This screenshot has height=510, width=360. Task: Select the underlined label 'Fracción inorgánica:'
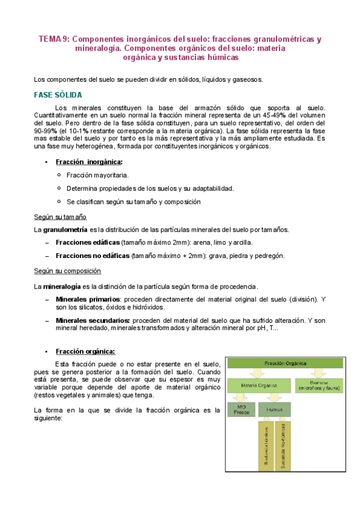[x=89, y=162]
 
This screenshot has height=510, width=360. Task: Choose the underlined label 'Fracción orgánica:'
[x=85, y=351]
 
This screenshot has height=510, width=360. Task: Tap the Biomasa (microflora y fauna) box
[x=319, y=386]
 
